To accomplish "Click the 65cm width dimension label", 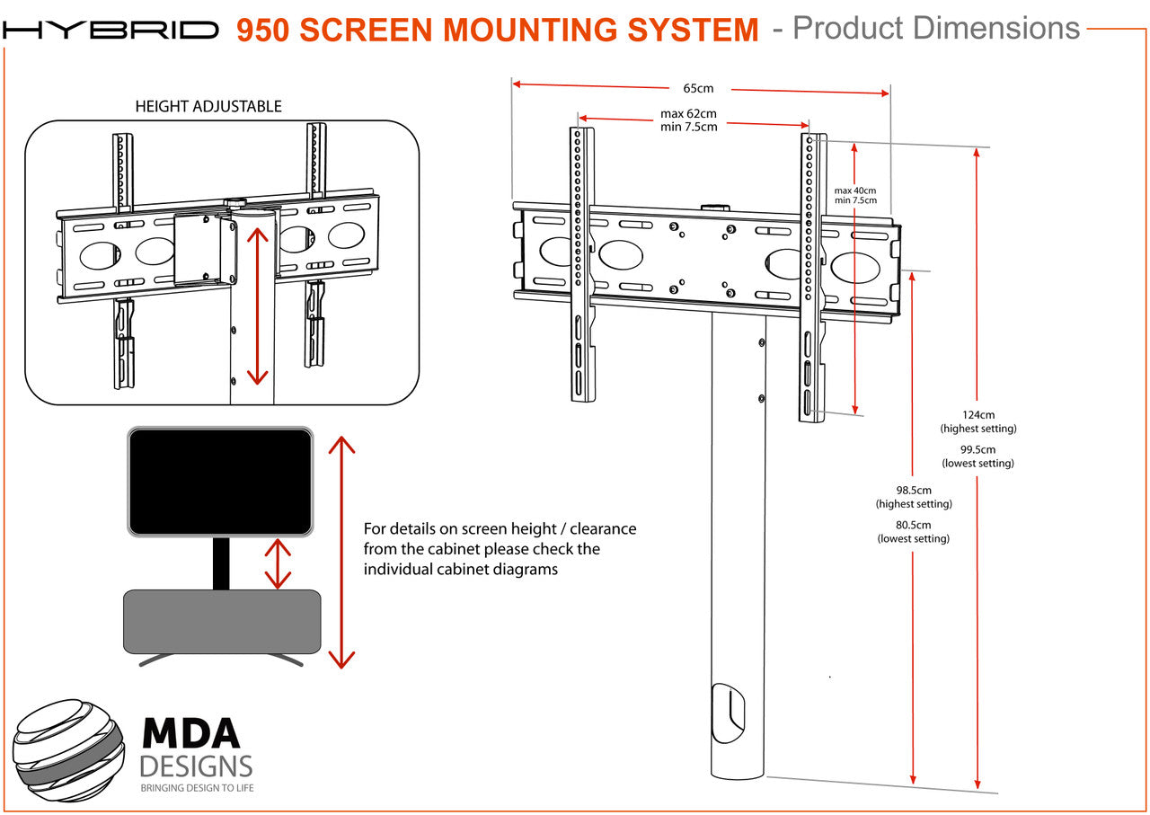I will coord(698,88).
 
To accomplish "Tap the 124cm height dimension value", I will coord(977,415).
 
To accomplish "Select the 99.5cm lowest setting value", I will coord(977,449).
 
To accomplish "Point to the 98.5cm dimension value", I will coord(914,491).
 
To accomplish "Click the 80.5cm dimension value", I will coord(914,525).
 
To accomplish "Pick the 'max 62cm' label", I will coord(689,114).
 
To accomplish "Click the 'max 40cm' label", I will coord(854,190).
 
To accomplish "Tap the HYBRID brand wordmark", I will coord(111,31).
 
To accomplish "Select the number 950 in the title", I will coord(263,31).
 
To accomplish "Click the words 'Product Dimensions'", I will coord(936,29).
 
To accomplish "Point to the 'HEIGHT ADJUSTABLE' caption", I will coord(208,106).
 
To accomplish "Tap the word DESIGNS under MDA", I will coord(196,766).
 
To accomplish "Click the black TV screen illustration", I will coord(220,482).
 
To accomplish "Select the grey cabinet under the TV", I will coord(222,621).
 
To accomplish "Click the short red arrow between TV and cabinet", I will coord(278,563).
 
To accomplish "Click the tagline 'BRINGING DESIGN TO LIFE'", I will coord(196,788).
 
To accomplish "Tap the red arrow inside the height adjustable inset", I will coord(258,306).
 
